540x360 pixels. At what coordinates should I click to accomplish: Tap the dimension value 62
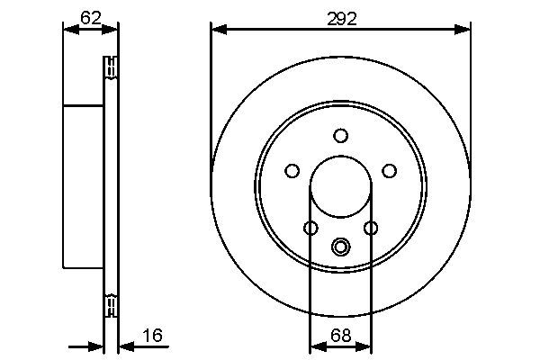[x=89, y=15]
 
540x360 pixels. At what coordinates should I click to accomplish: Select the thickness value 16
[x=153, y=336]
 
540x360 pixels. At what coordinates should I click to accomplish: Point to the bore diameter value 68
[x=340, y=336]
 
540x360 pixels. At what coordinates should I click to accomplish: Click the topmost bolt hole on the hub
[x=340, y=136]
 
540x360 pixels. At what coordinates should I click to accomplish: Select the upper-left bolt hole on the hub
[x=292, y=170]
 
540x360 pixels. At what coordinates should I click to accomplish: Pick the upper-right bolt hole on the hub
[x=389, y=170]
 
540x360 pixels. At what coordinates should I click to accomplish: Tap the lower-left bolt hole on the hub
[x=310, y=228]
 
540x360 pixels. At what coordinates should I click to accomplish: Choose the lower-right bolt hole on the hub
[x=370, y=228]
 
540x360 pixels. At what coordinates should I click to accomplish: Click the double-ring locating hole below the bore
[x=340, y=247]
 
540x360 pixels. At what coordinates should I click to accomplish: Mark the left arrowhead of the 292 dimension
[x=217, y=30]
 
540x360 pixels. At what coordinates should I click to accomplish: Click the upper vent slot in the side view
[x=112, y=68]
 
